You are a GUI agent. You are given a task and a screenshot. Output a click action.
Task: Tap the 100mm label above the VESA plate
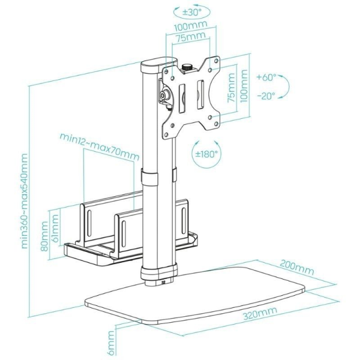click(x=187, y=28)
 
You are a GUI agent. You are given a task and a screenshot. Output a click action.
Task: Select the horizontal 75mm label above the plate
click(x=186, y=37)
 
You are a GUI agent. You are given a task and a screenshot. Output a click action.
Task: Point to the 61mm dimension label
click(x=54, y=237)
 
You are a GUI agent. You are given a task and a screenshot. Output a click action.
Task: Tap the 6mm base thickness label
click(x=111, y=343)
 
